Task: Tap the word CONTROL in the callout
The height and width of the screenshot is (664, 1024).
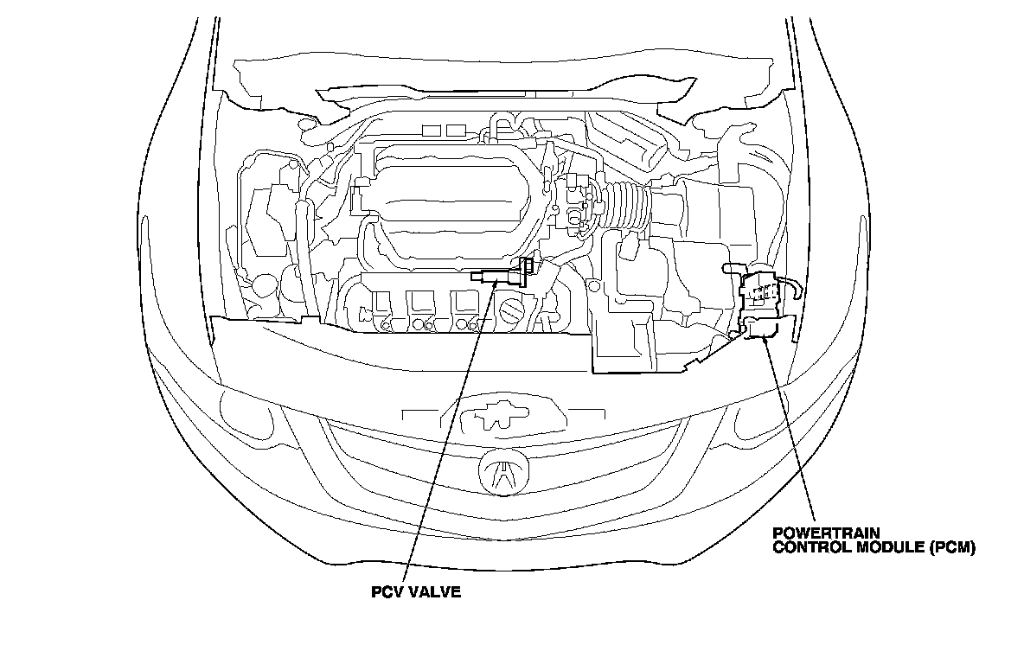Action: pyautogui.click(x=807, y=547)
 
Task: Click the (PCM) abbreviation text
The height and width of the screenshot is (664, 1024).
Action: pyautogui.click(x=952, y=547)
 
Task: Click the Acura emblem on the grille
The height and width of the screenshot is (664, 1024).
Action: pyautogui.click(x=500, y=471)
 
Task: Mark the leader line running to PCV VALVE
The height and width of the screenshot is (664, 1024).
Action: pyautogui.click(x=450, y=432)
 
